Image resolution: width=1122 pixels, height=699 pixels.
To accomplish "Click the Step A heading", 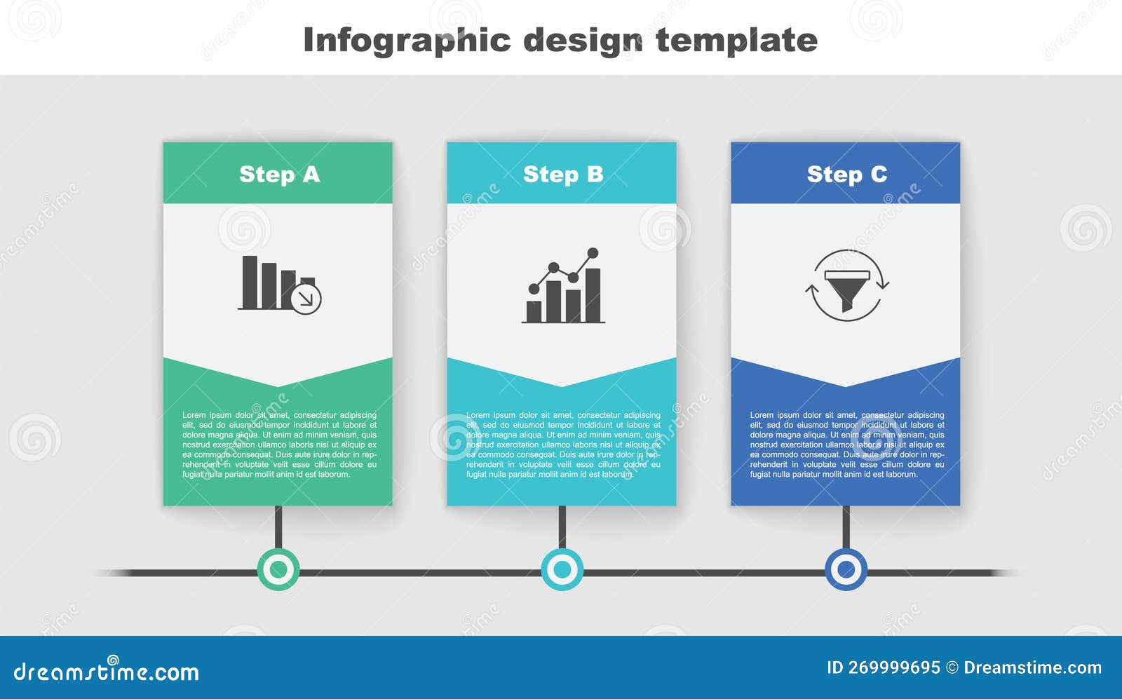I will [279, 174].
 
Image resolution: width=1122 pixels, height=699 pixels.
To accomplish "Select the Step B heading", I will [562, 174].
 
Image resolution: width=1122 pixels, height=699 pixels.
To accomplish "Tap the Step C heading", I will [846, 174].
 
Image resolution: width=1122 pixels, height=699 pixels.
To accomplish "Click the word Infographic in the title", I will [407, 40].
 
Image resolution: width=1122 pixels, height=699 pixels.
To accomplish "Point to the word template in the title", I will [736, 40].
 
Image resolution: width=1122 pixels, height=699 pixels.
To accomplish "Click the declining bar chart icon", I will [279, 284].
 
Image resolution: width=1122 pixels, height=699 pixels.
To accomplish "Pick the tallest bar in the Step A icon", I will [250, 282].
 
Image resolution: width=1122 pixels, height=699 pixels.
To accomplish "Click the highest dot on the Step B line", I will [593, 253].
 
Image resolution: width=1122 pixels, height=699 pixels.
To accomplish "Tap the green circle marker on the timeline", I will [278, 569].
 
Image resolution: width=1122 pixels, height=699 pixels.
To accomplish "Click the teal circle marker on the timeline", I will [562, 569].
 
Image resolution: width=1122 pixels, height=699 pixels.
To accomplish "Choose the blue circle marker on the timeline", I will [846, 569].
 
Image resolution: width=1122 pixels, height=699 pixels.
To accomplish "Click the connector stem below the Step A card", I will [278, 527].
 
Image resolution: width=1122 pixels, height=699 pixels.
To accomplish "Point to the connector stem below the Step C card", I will [846, 527].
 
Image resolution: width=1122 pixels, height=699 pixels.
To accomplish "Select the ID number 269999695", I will [894, 667].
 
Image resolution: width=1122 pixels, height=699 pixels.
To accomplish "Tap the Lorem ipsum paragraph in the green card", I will [279, 444].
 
